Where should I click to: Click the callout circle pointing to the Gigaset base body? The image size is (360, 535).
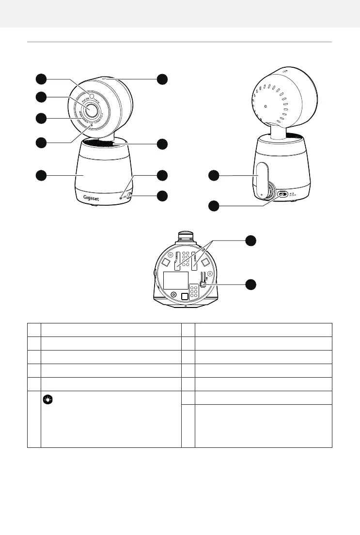click(41, 175)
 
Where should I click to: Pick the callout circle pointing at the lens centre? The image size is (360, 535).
click(41, 97)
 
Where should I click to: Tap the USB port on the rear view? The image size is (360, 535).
click(282, 195)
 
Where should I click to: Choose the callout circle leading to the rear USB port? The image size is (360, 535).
click(214, 206)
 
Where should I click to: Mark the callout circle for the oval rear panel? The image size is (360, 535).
click(214, 176)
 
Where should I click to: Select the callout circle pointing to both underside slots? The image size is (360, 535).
click(250, 241)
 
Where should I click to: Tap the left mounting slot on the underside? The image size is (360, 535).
click(177, 260)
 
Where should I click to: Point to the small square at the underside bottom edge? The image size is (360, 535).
click(184, 297)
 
